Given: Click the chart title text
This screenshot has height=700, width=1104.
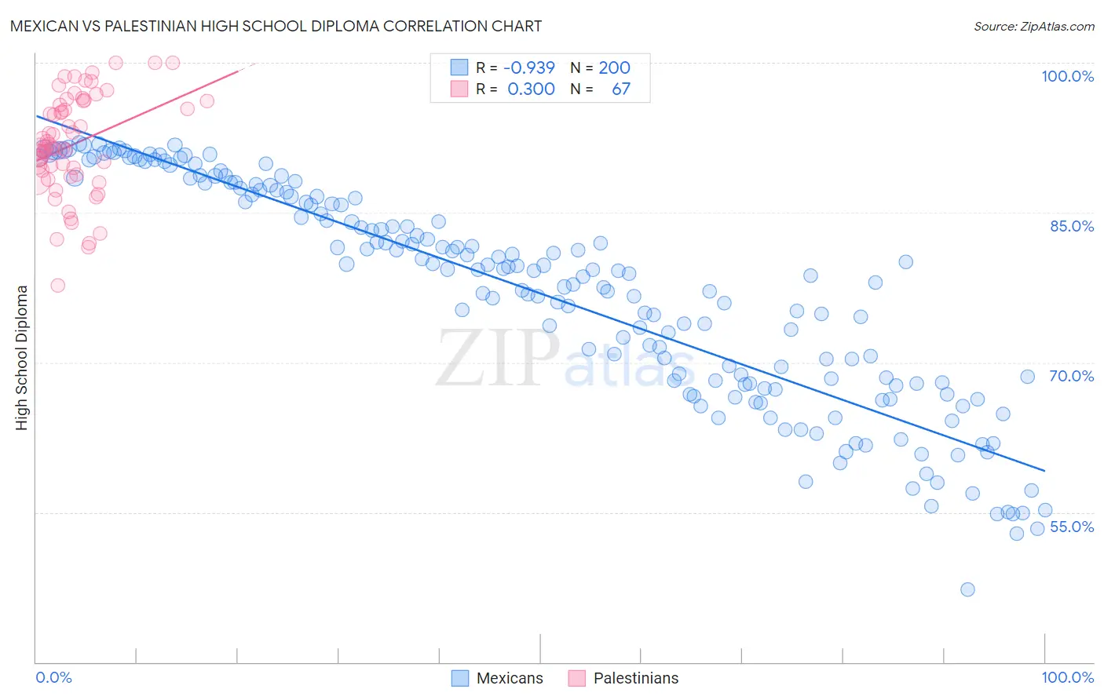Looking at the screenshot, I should [276, 26].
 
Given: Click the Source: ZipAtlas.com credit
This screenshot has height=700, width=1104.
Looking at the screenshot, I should [1033, 26].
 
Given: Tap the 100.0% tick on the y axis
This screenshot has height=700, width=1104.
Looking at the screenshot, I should [1067, 76].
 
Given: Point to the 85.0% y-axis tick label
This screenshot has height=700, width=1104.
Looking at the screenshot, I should [1072, 226].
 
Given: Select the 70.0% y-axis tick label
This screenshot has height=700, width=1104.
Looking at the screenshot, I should [1071, 376].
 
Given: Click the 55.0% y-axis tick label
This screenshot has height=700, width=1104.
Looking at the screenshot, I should [1071, 527].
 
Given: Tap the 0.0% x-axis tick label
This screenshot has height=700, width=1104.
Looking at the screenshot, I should [53, 677].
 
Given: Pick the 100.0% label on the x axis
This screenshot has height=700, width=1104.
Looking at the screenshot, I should [1067, 677].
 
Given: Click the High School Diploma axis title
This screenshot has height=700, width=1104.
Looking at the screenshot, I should [22, 357].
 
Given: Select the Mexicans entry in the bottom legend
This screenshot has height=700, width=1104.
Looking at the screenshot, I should [510, 678].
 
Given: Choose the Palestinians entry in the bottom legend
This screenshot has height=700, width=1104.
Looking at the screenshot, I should [635, 678].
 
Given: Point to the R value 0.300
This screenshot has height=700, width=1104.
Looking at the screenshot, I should [531, 89].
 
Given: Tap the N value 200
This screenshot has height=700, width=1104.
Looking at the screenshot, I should [614, 67].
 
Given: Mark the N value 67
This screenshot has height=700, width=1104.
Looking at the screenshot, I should [620, 89].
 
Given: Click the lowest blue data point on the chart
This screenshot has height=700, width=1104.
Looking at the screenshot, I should [967, 589].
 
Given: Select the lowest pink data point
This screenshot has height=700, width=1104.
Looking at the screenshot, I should [57, 286].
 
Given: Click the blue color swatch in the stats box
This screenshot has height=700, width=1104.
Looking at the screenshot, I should [459, 67].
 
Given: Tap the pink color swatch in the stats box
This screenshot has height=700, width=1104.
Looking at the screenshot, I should [459, 89].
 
